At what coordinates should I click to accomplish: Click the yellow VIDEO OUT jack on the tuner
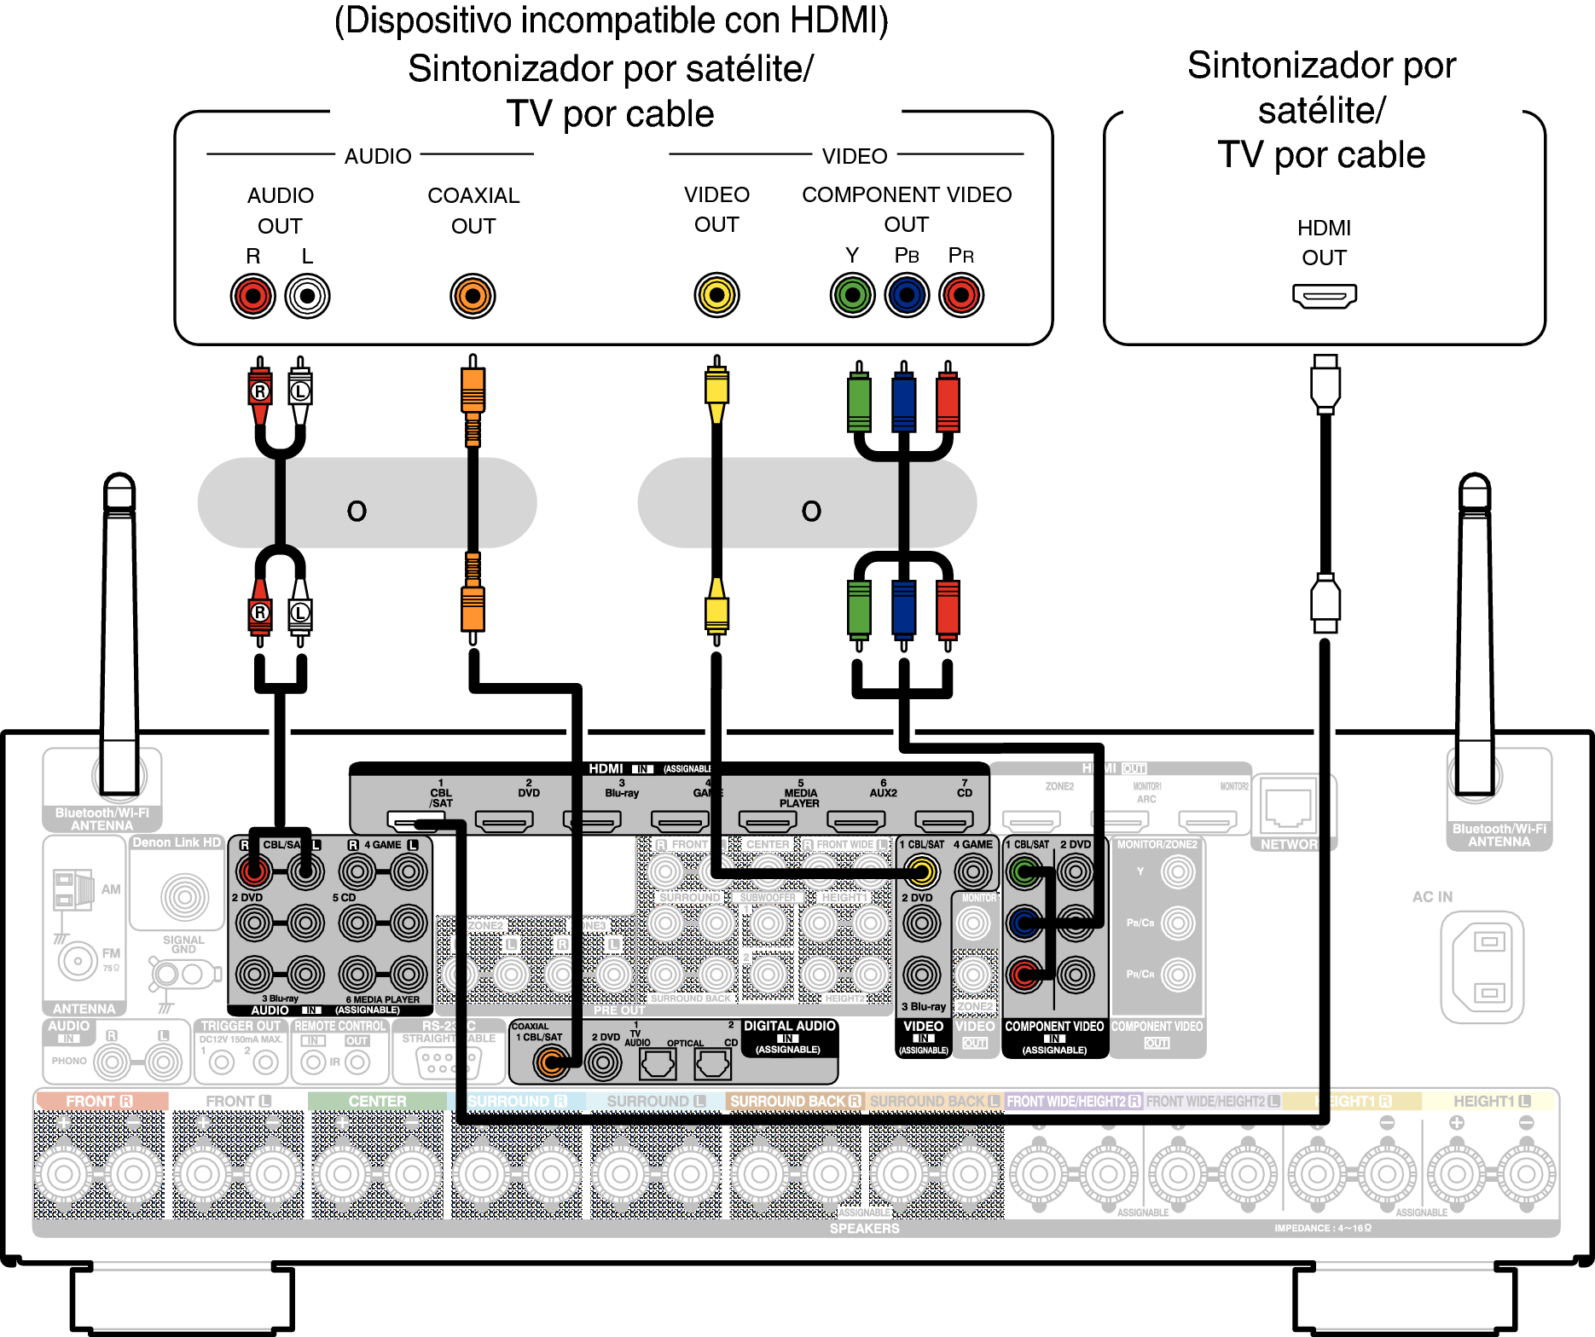[716, 295]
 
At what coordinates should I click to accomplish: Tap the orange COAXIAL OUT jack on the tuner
[473, 296]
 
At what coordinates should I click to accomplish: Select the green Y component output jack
[852, 296]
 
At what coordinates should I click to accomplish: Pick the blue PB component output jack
[907, 296]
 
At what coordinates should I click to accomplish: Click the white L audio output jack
[307, 296]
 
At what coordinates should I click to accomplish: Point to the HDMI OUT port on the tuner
[1324, 296]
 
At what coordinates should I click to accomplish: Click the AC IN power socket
[1482, 966]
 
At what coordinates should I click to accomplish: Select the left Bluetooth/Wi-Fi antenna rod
[119, 631]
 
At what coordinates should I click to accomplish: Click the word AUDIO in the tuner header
[378, 156]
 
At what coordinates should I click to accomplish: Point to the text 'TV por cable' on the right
[1321, 155]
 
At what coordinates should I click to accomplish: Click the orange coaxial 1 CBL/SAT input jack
[550, 1062]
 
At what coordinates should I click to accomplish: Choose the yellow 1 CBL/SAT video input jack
[921, 871]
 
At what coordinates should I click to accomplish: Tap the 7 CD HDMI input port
[943, 821]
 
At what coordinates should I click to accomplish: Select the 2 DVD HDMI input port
[504, 821]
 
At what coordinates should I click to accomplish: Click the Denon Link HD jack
[184, 896]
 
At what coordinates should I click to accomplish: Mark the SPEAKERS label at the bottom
[864, 1229]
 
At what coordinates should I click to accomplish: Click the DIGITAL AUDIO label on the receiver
[789, 1027]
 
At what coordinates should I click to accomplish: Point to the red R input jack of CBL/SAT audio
[253, 871]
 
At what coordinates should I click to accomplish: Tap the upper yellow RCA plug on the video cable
[716, 388]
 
